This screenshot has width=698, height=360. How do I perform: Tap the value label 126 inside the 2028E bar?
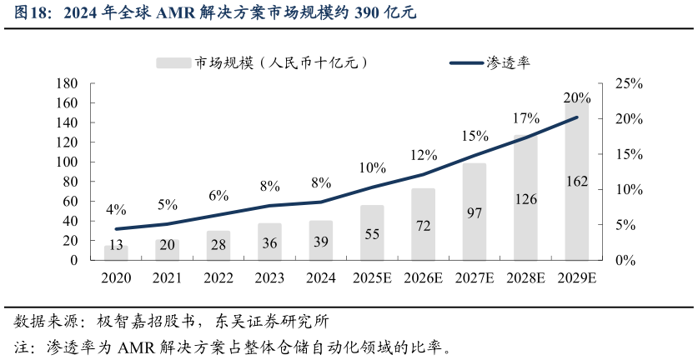click(525, 199)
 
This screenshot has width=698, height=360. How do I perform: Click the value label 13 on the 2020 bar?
click(116, 245)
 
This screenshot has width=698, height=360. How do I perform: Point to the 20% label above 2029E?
click(577, 97)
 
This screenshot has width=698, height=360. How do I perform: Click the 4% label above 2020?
click(116, 209)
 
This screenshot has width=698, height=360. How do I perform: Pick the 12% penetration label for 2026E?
click(424, 155)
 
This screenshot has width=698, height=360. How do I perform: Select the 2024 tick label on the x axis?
click(321, 278)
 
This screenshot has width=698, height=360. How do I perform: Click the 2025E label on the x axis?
click(372, 278)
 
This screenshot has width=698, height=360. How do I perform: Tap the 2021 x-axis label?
click(168, 278)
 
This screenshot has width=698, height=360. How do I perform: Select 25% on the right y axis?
click(628, 83)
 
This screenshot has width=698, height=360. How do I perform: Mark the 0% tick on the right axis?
click(625, 260)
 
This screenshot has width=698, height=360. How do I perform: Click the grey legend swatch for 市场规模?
click(173, 62)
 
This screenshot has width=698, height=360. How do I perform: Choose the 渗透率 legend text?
click(509, 62)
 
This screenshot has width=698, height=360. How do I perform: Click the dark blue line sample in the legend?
click(467, 62)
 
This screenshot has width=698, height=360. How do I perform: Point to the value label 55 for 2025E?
click(372, 234)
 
